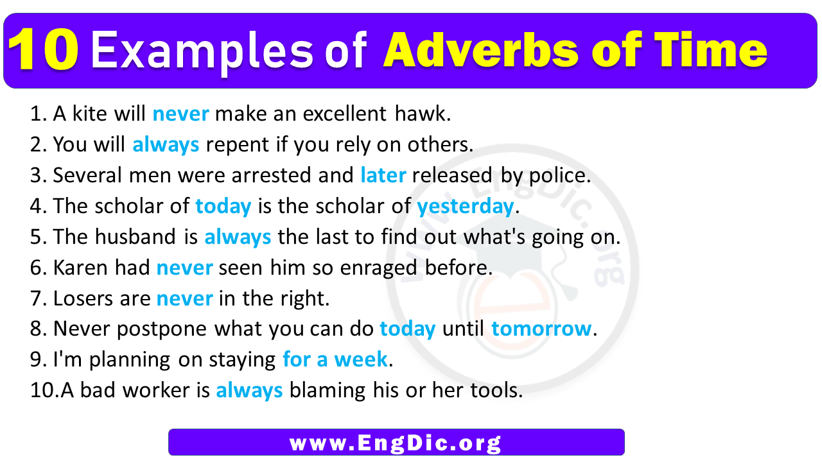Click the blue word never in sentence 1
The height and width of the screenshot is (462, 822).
pyautogui.click(x=180, y=114)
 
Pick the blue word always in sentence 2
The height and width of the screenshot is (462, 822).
pyautogui.click(x=166, y=145)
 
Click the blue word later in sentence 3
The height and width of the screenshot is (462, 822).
pyautogui.click(x=383, y=176)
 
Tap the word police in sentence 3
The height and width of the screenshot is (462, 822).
pyautogui.click(x=558, y=176)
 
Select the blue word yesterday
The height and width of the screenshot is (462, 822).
pyautogui.click(x=465, y=207)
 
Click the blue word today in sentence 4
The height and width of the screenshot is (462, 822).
pyautogui.click(x=223, y=207)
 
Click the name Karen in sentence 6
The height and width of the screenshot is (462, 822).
pyautogui.click(x=78, y=268)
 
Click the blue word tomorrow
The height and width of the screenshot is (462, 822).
pyautogui.click(x=541, y=329)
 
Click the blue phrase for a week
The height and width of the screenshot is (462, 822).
pyautogui.click(x=335, y=360)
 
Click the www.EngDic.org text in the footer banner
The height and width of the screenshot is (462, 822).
pyautogui.click(x=396, y=443)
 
